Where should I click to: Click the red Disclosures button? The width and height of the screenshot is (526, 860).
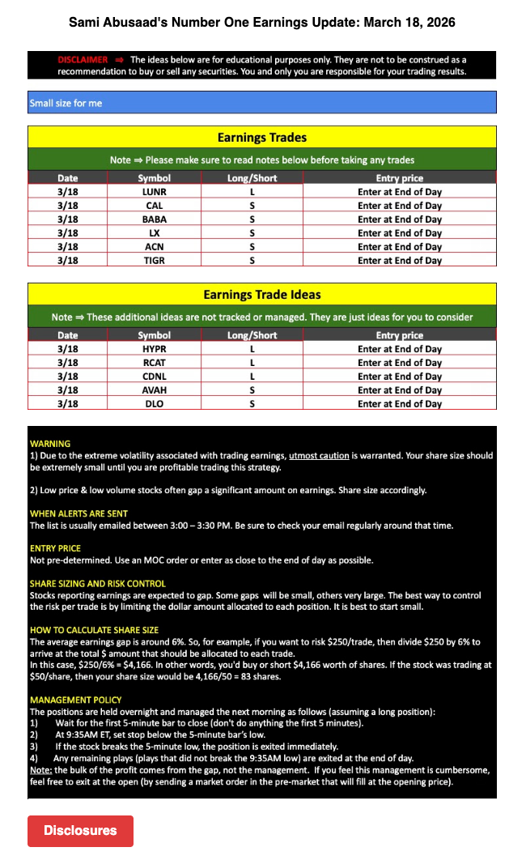point(80,830)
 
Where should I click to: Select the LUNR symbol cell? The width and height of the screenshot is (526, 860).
point(154,192)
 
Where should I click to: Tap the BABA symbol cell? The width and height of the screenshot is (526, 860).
point(154,219)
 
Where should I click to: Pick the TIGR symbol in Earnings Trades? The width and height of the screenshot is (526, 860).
point(154,260)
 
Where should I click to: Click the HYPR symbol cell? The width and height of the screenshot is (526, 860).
point(154,349)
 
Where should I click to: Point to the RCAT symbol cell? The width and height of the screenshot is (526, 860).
point(154,363)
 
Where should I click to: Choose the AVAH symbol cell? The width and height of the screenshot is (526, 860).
point(154,390)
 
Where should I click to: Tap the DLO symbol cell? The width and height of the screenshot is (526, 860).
point(154,403)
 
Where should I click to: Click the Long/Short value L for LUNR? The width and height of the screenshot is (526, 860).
point(252,192)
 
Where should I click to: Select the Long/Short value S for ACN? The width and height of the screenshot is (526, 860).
point(252,246)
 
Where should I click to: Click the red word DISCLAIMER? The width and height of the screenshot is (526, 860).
point(83,60)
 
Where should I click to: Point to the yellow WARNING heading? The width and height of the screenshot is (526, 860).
point(50,444)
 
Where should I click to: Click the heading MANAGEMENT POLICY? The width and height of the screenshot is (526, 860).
point(76,700)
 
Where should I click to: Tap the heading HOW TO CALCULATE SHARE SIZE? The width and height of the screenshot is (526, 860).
point(94,630)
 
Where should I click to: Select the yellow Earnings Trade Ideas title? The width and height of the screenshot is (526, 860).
point(262,295)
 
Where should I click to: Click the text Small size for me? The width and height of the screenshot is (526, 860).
point(66,103)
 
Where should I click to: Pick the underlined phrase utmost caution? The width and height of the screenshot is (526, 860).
point(320,456)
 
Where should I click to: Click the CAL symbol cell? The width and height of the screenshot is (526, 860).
point(154,206)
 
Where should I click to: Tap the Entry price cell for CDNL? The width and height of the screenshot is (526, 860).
point(400,377)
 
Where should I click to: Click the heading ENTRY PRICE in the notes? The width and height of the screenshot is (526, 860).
point(56,548)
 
